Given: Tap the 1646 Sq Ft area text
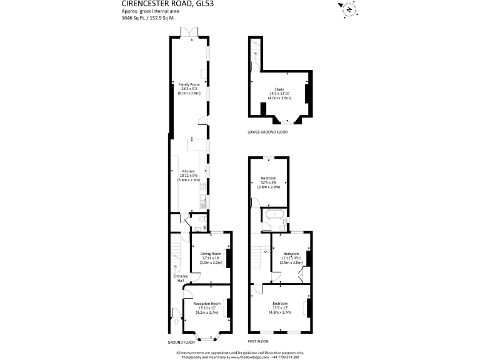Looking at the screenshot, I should pos(148,19).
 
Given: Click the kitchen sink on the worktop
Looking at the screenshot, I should pos(203,201).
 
